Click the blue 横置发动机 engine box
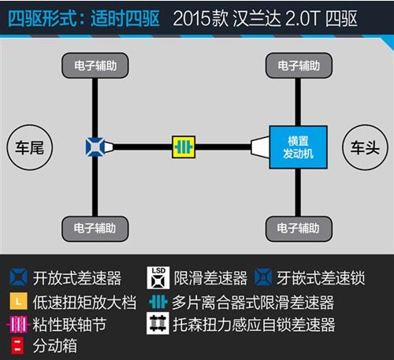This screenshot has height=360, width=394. click(299, 147)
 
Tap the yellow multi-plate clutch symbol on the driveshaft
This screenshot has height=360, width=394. click(184, 147)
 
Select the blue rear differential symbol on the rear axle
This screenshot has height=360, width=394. click(95, 147)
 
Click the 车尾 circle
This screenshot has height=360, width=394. click(30, 147)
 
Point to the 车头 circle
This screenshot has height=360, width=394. click(365, 147)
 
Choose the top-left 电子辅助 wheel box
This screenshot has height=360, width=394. click(95, 65)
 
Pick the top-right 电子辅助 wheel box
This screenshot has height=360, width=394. click(299, 65)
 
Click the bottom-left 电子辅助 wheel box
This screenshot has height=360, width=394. click(95, 228)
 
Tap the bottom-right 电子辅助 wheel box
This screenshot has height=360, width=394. click(299, 228)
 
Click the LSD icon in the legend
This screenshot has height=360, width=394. click(158, 278)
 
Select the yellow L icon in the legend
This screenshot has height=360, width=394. click(18, 301)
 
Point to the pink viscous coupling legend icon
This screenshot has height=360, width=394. click(17, 325)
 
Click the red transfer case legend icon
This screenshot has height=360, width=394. click(17, 346)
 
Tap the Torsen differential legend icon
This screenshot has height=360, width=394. click(158, 323)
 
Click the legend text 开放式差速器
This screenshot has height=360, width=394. click(77, 278)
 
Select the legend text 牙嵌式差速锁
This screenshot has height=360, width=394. click(321, 278)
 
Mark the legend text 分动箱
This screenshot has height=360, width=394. click(55, 346)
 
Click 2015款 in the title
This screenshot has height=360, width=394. click(201, 19)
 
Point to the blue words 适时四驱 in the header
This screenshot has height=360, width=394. click(125, 19)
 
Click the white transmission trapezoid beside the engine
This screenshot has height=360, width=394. click(260, 147)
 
